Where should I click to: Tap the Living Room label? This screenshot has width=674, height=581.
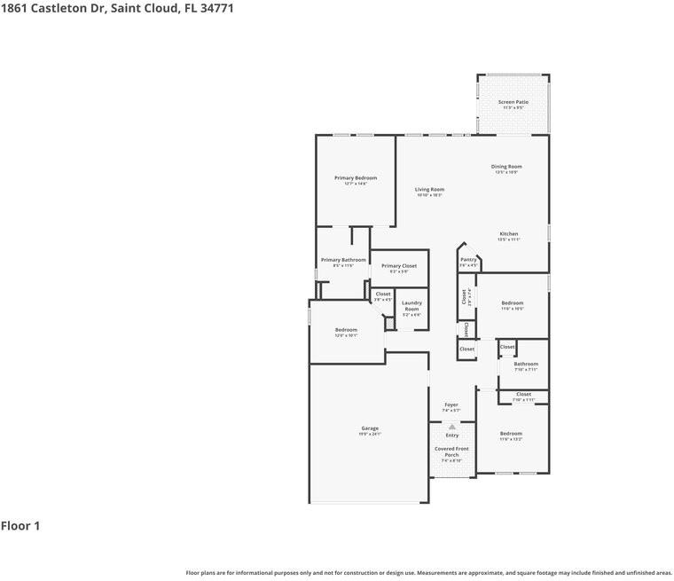click(429, 189)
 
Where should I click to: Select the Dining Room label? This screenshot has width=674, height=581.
click(506, 167)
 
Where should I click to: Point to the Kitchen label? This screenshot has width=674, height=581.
click(508, 234)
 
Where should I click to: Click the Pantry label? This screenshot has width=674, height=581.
click(468, 260)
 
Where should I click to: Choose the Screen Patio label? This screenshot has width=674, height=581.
click(513, 103)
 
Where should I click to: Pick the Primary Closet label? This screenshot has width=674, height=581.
click(398, 266)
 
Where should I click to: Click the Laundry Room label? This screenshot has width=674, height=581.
click(411, 306)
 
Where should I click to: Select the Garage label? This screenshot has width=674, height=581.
click(369, 428)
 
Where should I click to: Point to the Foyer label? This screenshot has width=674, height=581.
click(451, 405)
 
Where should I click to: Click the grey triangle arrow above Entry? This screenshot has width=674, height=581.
click(452, 427)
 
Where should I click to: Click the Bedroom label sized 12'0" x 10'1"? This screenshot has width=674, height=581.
click(346, 330)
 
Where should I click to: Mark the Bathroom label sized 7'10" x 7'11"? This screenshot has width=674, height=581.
click(526, 364)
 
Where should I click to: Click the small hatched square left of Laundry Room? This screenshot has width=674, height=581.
click(388, 325)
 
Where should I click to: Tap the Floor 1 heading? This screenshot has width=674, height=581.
click(20, 526)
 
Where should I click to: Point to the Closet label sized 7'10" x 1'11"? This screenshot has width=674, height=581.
click(523, 395)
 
